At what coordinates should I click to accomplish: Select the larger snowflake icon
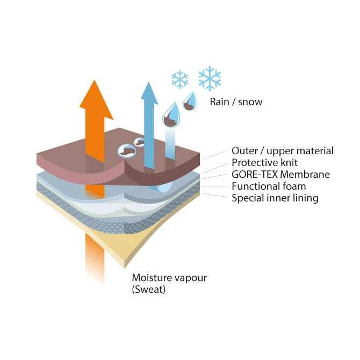(x=210, y=78)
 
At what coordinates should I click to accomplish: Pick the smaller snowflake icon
(x=180, y=80)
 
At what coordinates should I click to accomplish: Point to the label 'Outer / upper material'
(x=282, y=151)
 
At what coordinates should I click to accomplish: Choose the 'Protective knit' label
(x=264, y=163)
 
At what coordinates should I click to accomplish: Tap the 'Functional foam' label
(x=269, y=186)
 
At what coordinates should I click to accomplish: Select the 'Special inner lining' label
(x=275, y=198)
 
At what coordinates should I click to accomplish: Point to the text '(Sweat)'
(x=149, y=290)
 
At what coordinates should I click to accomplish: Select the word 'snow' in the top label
(x=250, y=101)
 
